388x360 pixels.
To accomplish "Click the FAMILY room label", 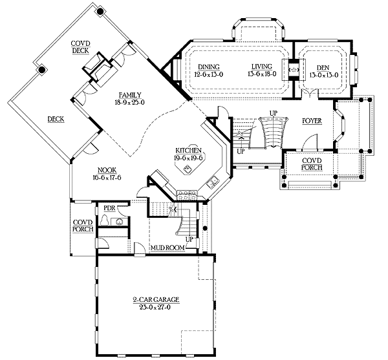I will click(129, 94).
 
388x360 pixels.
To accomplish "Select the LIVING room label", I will click(262, 67).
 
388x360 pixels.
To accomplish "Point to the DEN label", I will click(323, 67).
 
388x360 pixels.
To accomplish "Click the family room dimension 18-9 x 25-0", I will click(129, 102).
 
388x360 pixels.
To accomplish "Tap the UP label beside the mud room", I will click(189, 238).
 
